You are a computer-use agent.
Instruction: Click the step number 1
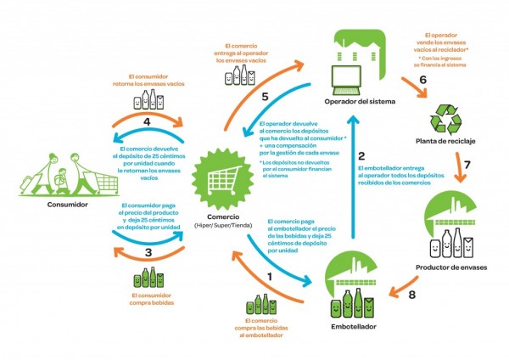coord(271,276)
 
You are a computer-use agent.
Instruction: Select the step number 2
coord(361,156)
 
